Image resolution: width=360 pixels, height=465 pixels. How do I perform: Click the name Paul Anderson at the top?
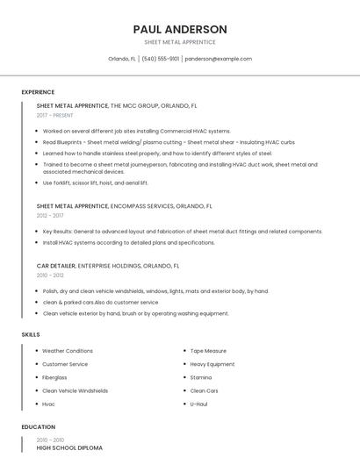pos(179,29)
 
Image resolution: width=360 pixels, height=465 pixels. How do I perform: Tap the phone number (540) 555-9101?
pos(160,59)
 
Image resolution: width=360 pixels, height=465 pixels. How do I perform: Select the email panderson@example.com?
pos(219,59)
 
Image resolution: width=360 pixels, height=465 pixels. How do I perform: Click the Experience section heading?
pos(38,92)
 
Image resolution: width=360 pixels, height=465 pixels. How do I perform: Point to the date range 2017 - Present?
pos(56,115)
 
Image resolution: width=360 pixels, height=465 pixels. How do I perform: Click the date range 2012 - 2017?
pos(50,215)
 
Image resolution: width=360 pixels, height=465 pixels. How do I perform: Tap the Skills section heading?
pos(31,334)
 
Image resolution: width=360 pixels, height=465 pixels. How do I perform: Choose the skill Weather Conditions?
pos(67,351)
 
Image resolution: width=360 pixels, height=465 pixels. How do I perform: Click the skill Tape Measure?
pos(208,351)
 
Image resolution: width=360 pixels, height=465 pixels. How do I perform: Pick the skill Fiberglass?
pos(54,377)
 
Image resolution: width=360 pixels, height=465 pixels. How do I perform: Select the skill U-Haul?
pos(198,404)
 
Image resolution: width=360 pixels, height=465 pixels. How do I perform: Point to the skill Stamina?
pos(201,377)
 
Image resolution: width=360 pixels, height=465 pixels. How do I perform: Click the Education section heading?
pos(39,427)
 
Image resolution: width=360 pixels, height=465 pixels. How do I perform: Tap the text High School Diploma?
pos(69,447)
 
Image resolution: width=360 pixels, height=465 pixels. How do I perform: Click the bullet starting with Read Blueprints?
pos(168,141)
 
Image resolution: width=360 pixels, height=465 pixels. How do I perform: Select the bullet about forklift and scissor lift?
pos(96,182)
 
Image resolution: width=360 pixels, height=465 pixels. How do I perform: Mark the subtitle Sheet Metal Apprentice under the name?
pos(179,42)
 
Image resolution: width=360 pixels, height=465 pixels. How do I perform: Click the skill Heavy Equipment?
pos(212,364)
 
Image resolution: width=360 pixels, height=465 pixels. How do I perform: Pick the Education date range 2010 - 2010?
pos(50,440)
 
